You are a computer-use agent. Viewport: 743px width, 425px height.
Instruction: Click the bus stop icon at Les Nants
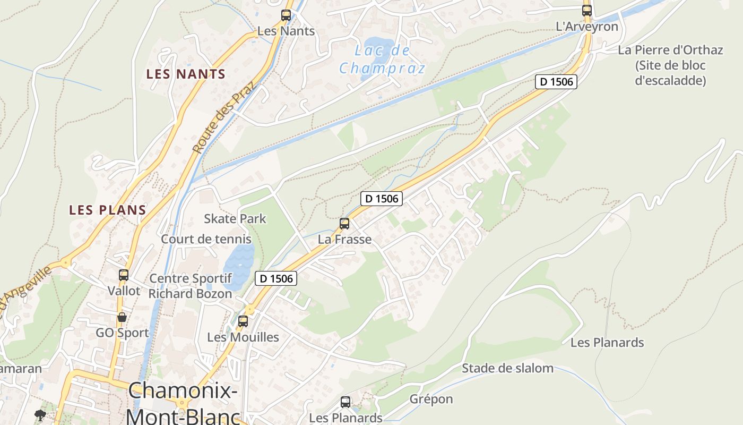(x=286, y=15)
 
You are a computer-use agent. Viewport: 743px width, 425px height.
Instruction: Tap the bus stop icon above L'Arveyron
(x=586, y=10)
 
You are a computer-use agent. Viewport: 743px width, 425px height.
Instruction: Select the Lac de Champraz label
(x=382, y=59)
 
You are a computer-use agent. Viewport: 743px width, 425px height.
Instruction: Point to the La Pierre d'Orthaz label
(x=670, y=50)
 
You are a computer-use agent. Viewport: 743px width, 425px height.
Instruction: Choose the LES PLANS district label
(x=108, y=210)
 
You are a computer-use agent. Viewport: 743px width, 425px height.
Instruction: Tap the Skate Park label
(x=235, y=218)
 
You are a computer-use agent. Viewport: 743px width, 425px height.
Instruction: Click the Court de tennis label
(x=206, y=239)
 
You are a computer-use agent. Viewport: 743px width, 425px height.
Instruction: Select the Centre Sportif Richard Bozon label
(x=190, y=286)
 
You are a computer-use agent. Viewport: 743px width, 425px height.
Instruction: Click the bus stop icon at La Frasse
(x=344, y=224)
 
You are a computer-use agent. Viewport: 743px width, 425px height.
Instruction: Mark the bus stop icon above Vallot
(x=124, y=275)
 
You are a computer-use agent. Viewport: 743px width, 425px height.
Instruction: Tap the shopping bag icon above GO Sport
(x=122, y=317)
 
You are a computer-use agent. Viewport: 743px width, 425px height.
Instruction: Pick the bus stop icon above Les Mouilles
(x=243, y=321)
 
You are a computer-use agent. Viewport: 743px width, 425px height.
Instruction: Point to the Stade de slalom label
(x=507, y=368)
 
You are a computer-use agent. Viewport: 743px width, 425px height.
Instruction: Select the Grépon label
(x=431, y=399)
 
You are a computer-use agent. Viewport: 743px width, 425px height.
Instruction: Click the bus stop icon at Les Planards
(x=345, y=402)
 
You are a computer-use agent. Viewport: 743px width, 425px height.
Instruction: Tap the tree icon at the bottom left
(x=40, y=415)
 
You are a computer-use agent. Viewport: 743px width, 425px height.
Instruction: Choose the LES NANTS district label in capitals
(x=186, y=74)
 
